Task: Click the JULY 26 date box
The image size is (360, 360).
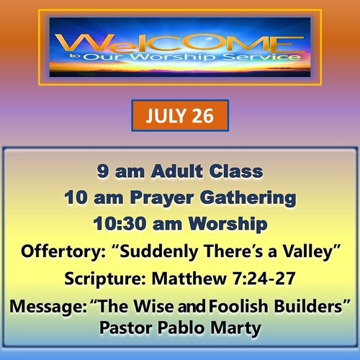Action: coord(180,116)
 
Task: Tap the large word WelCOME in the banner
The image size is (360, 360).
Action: coord(180,43)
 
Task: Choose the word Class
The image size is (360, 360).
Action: coord(236,171)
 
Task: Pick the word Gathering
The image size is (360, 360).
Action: coord(248,198)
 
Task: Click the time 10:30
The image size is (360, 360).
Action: coord(120,224)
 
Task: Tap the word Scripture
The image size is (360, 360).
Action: coord(105,279)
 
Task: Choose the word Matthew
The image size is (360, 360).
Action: coord(189,279)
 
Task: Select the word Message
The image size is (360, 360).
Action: coord(48,307)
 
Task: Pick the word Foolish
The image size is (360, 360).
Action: coord(238,306)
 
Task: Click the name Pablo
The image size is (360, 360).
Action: coord(181,328)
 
